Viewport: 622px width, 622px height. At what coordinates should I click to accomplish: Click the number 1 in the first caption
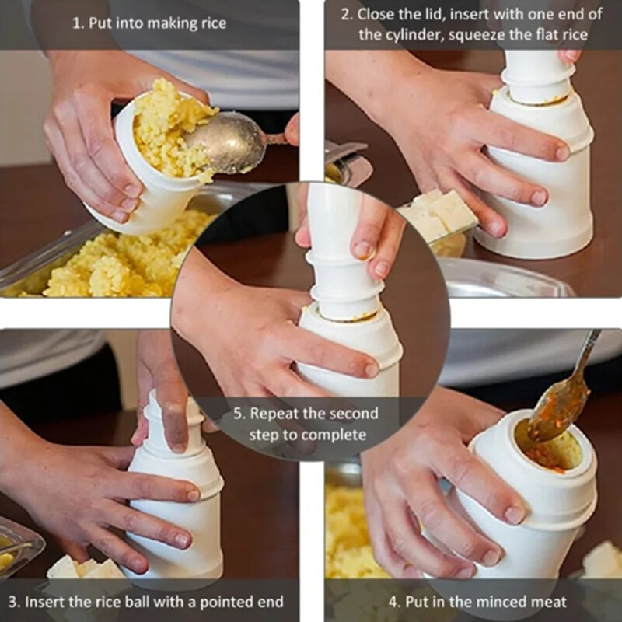pyautogui.click(x=76, y=23)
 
